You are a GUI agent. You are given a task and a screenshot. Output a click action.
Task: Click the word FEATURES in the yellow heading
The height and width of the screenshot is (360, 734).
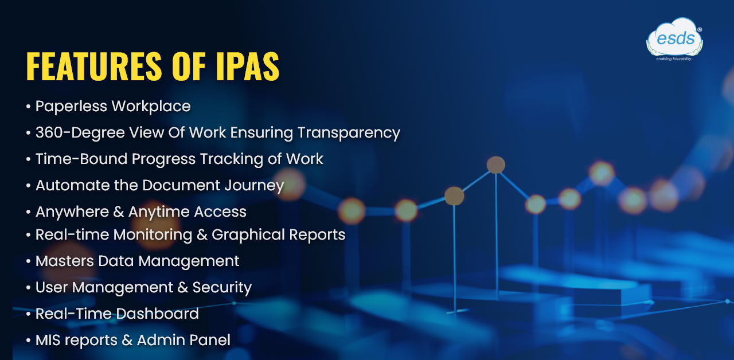pyautogui.click(x=94, y=66)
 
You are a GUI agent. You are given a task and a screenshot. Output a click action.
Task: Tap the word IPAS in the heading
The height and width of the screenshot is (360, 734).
pyautogui.click(x=247, y=66)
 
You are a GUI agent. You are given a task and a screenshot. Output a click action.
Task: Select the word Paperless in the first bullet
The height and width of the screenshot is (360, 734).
pyautogui.click(x=72, y=107)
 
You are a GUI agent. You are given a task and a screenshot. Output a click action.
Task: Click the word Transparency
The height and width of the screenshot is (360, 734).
pyautogui.click(x=349, y=133)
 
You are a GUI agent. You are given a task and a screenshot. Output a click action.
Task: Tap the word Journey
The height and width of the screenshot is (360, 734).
pyautogui.click(x=254, y=186)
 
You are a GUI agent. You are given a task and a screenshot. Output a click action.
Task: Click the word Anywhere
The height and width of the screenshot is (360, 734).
pyautogui.click(x=72, y=212)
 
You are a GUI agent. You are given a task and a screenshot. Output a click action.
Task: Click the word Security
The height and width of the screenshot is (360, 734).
pyautogui.click(x=222, y=288)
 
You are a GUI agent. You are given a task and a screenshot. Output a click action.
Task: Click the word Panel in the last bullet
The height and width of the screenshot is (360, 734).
pyautogui.click(x=210, y=340)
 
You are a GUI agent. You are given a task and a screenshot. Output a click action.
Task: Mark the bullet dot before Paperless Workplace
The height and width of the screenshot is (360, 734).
pyautogui.click(x=29, y=107)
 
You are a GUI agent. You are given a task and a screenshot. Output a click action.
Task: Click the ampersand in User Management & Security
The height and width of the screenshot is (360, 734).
pyautogui.click(x=182, y=288)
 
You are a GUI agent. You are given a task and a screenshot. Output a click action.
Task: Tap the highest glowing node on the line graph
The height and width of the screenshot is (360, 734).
pyautogui.click(x=496, y=165)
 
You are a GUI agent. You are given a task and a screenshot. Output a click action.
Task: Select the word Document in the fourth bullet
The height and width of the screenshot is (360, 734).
pyautogui.click(x=181, y=185)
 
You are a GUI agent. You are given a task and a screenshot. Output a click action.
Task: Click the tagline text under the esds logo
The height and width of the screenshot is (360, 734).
pyautogui.click(x=674, y=59)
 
